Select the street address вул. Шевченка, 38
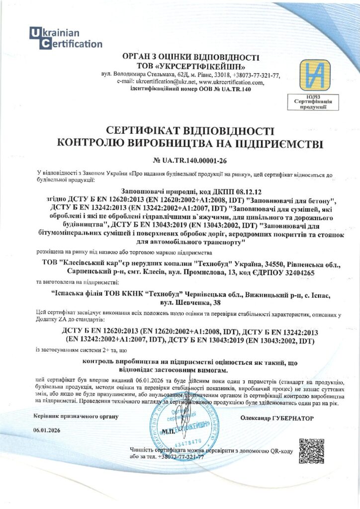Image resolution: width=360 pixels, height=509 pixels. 191,302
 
